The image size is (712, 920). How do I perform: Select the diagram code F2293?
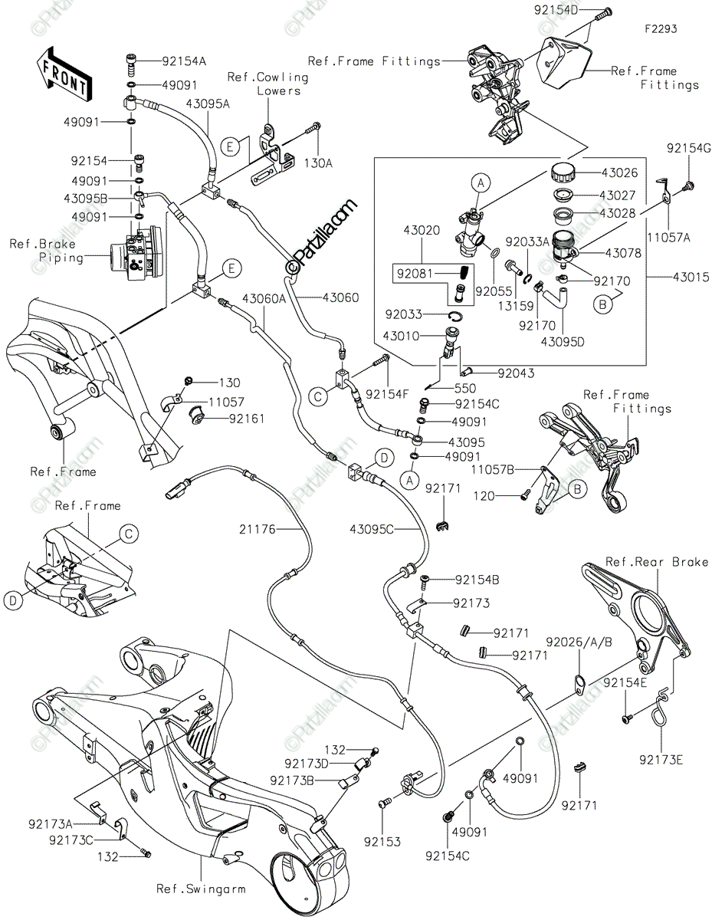661,29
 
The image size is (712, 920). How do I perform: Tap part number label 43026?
620,172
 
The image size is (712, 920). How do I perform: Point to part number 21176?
258,529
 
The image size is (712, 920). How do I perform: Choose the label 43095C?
372,529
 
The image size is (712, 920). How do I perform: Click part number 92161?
247,419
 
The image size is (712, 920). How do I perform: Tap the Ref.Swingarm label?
201,889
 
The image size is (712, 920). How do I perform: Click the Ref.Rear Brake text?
657,562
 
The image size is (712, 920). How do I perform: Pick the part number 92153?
382,842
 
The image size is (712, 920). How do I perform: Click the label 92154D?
556,10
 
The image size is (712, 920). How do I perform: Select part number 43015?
691,277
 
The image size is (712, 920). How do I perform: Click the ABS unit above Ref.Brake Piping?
135,253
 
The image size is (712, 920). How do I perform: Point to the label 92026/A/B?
579,642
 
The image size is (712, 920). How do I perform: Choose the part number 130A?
319,163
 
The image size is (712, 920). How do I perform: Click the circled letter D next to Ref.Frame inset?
13,600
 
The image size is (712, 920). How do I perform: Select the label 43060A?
264,299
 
